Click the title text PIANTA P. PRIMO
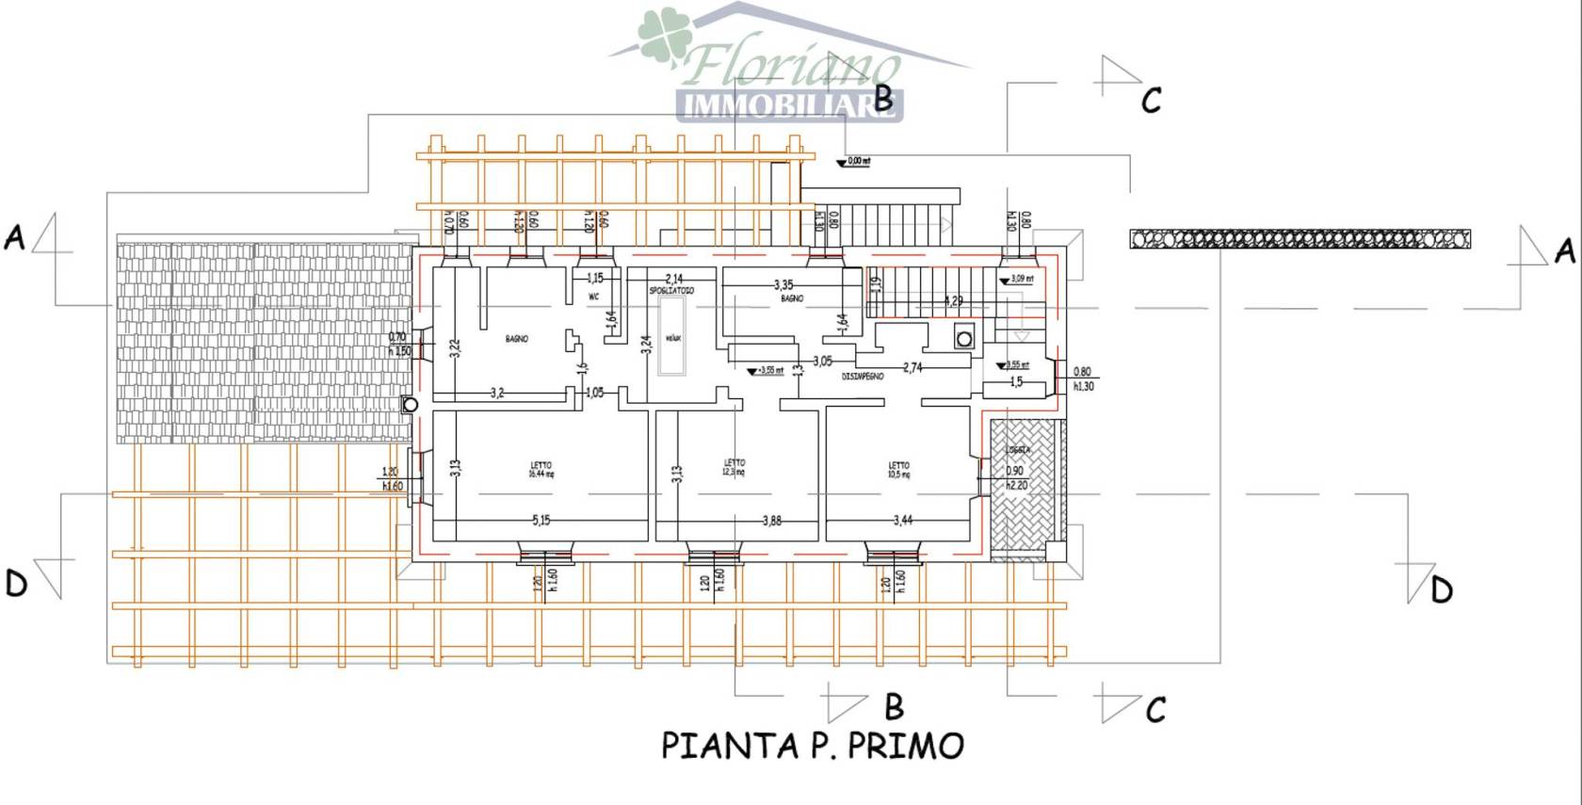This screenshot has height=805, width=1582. tap(813, 746)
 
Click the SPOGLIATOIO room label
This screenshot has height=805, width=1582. tap(670, 291)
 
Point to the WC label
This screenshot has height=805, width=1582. tap(593, 297)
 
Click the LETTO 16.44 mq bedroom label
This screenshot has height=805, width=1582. tap(541, 469)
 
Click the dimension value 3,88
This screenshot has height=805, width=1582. tap(771, 520)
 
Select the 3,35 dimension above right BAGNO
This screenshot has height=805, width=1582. tap(783, 284)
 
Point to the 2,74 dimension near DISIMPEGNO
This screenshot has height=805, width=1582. tap(912, 367)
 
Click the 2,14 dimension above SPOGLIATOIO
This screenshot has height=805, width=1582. tap(674, 279)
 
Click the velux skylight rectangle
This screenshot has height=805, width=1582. tap(671, 337)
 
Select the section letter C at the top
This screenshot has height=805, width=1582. tap(1151, 100)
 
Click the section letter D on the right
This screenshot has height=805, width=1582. tap(1441, 590)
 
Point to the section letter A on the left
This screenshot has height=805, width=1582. tap(14, 237)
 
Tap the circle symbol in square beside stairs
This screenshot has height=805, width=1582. tap(962, 337)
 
